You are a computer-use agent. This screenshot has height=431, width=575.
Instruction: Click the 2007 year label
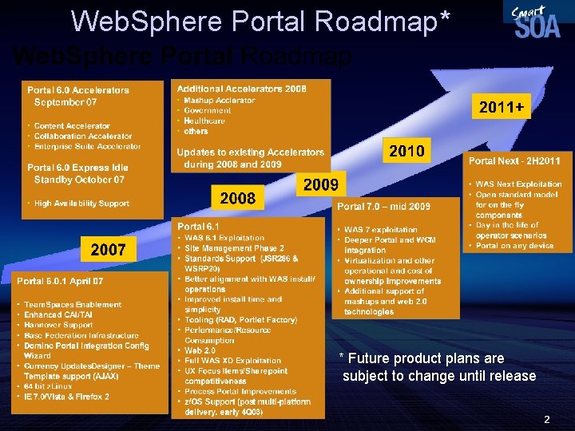click(x=108, y=250)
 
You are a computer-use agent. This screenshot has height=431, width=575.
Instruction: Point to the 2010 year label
click(x=406, y=151)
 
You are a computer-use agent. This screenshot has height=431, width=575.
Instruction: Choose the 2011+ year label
click(x=500, y=107)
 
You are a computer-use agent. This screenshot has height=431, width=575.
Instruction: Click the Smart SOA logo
click(x=536, y=22)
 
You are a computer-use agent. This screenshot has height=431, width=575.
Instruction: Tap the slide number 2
click(x=546, y=418)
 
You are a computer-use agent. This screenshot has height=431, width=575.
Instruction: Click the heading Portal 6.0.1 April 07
click(x=60, y=281)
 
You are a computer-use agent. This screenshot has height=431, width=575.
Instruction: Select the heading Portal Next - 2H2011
click(x=514, y=161)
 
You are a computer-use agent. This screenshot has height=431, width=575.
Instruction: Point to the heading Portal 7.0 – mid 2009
click(x=384, y=207)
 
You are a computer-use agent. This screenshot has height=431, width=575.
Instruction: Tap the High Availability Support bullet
click(x=81, y=204)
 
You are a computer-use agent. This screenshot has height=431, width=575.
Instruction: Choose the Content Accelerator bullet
click(x=72, y=126)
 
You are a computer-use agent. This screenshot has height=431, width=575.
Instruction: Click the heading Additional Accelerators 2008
click(x=241, y=89)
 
